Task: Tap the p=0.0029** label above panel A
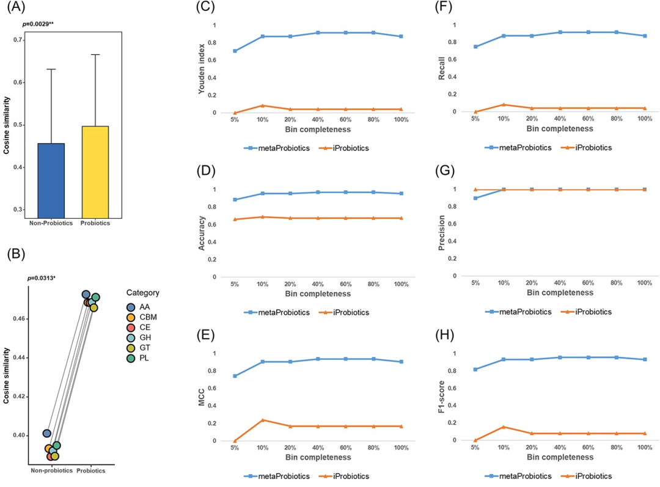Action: point(38,24)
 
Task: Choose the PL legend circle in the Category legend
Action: point(131,358)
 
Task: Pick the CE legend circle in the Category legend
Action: point(131,328)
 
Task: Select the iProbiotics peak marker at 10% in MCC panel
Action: point(263,420)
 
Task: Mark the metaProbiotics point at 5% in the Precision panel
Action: point(475,198)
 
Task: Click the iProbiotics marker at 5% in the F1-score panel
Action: point(475,440)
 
